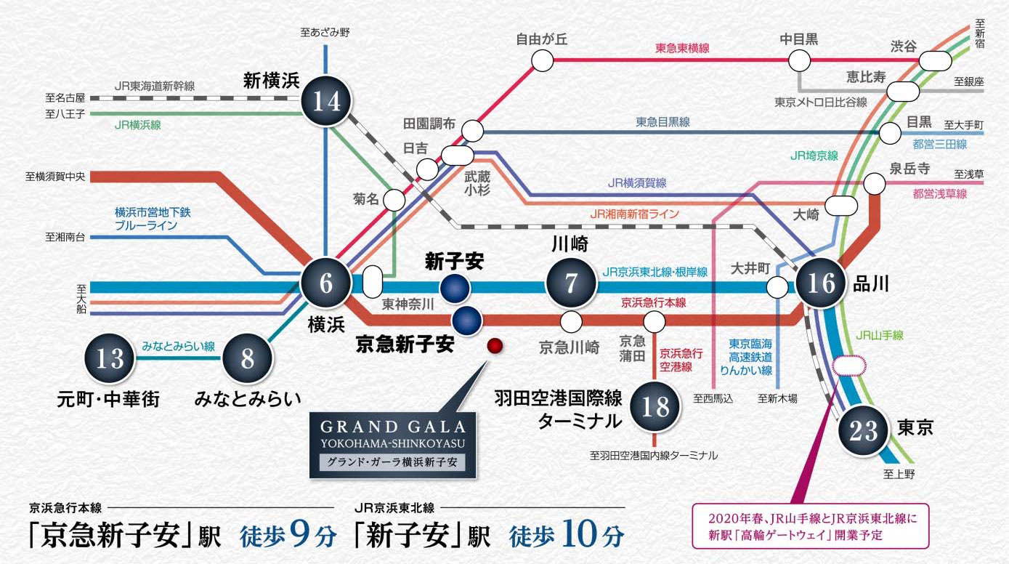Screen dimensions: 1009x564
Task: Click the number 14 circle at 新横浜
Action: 327,100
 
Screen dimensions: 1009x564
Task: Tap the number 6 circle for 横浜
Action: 325,283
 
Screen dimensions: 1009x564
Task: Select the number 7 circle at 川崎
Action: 571,283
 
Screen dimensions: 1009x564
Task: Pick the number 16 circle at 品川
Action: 821,283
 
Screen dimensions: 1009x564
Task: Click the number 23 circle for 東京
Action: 863,430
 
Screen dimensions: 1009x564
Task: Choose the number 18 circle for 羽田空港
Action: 655,406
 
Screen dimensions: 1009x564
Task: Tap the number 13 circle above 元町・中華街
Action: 110,358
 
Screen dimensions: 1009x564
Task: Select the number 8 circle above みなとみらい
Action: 247,358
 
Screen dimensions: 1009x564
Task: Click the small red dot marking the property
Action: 495,346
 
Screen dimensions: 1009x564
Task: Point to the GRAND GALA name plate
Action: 392,445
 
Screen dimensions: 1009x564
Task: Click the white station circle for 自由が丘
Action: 543,60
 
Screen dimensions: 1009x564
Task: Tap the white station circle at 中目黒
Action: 800,60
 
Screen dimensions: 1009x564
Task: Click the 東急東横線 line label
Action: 682,48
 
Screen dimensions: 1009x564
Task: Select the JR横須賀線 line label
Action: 637,183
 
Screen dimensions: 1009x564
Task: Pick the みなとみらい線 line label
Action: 178,346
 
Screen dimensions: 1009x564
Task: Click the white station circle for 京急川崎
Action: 571,321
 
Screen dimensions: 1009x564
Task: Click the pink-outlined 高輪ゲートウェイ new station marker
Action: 849,366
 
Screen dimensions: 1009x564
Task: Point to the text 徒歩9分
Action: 288,535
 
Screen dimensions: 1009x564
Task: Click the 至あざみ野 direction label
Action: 325,33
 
